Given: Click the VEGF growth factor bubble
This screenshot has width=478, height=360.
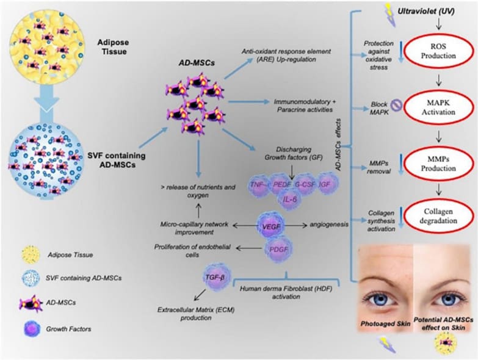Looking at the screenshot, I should pyautogui.click(x=269, y=224).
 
